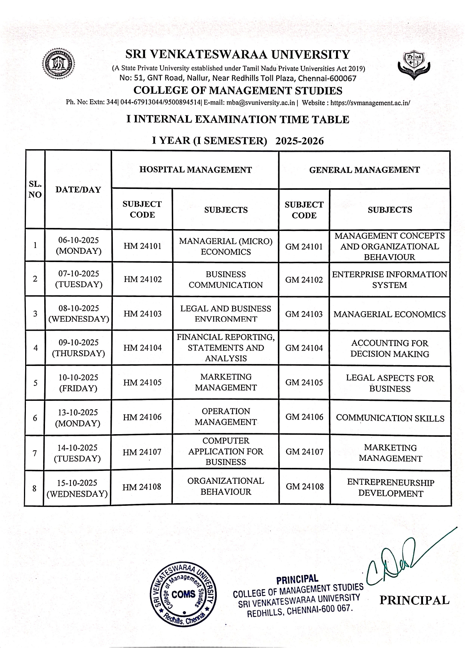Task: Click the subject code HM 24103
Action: click(x=142, y=314)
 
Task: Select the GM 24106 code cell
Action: click(x=304, y=417)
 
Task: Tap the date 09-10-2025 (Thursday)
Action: click(x=78, y=348)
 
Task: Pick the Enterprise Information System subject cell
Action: click(x=390, y=280)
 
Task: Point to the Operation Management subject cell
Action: click(x=226, y=417)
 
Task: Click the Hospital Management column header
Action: click(x=195, y=170)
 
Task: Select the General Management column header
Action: click(x=364, y=170)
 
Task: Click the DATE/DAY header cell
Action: click(x=78, y=190)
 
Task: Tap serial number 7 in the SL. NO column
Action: click(x=34, y=453)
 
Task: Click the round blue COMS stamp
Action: click(x=183, y=594)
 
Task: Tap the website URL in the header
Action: click(x=370, y=102)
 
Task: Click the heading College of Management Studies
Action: click(x=238, y=90)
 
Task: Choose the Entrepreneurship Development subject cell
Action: click(x=390, y=488)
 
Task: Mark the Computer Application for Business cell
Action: click(x=226, y=451)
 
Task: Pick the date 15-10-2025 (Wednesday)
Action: click(x=77, y=488)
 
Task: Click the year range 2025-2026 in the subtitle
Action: click(x=299, y=141)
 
